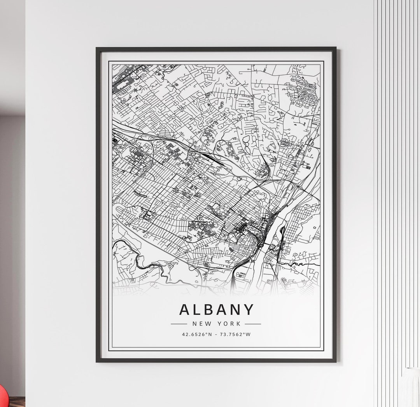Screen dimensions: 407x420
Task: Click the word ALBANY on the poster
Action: (216, 310)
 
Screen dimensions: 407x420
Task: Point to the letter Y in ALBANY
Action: (248, 310)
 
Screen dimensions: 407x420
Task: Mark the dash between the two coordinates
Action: (216, 334)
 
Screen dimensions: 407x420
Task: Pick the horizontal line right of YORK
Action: (253, 323)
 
